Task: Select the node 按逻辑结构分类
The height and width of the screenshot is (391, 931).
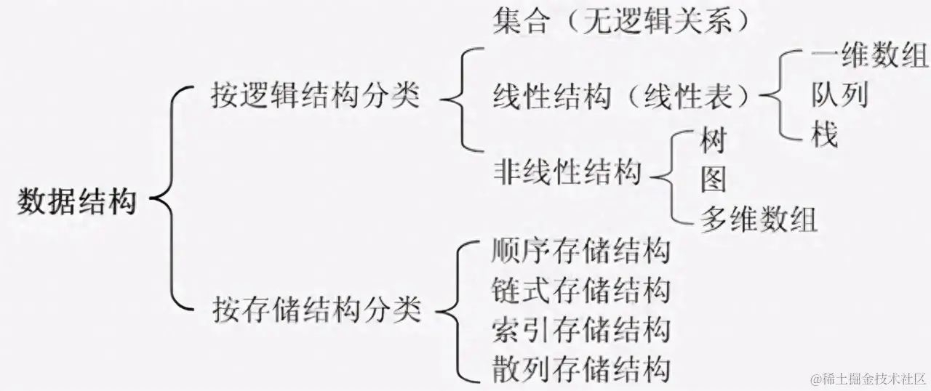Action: (316, 94)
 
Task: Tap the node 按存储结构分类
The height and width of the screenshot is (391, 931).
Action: (316, 310)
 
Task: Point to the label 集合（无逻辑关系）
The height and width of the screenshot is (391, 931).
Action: (620, 21)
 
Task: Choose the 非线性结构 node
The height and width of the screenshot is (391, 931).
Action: (567, 173)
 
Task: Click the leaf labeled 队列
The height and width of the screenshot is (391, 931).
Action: (839, 94)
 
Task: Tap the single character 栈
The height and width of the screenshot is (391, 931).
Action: (825, 134)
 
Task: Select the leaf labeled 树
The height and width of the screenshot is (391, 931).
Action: (713, 140)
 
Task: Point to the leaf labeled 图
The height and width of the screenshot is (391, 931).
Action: (713, 179)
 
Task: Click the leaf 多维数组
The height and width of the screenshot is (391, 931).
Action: (759, 218)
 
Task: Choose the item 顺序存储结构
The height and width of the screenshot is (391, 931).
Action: (580, 252)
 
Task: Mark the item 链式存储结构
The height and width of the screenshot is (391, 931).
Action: (580, 291)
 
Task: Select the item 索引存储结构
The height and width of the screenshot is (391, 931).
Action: (580, 330)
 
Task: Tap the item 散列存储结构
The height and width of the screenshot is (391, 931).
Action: (580, 368)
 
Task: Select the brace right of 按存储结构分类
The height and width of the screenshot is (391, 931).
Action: (455, 310)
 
